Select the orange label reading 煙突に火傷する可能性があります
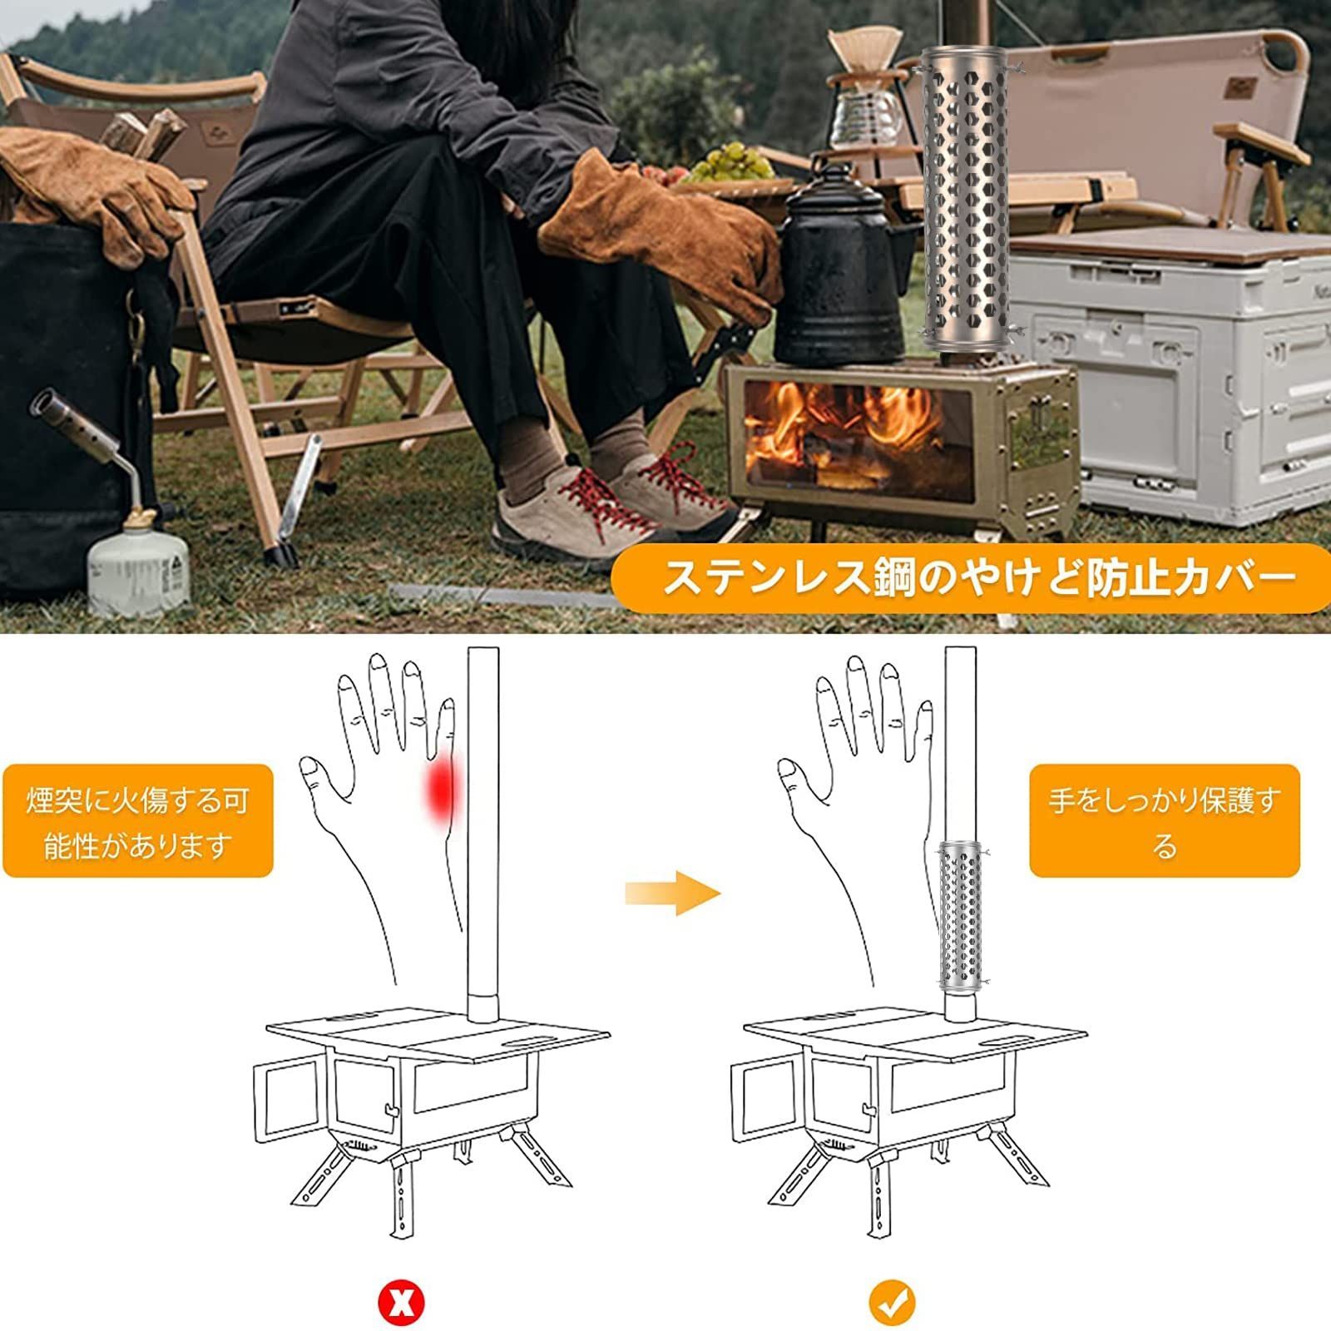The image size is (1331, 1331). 138,821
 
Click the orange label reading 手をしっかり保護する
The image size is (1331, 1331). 1164,821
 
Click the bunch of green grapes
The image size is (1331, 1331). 733,161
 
